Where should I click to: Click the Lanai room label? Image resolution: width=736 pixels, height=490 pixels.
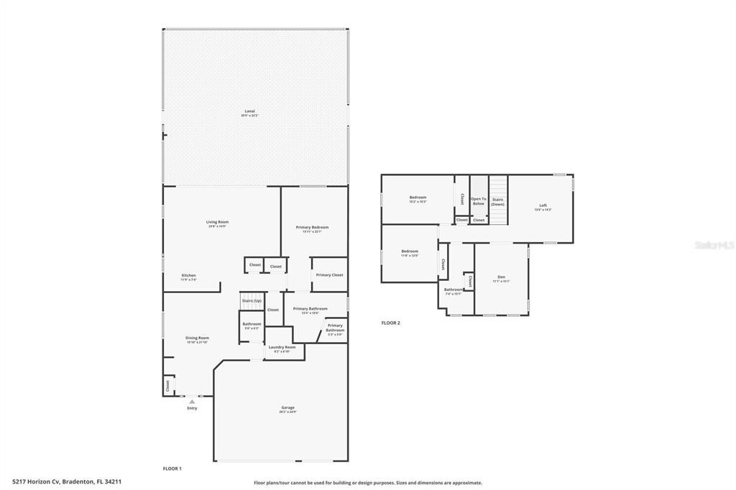tap(250, 112)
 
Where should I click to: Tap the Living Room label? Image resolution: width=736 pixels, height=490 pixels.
tap(218, 223)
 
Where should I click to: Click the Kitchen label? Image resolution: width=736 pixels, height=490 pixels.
tap(188, 276)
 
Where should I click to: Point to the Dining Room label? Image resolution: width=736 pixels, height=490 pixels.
tap(198, 338)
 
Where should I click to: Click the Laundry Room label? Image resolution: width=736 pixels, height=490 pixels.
tap(282, 348)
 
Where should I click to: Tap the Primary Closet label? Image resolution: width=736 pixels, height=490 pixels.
tap(329, 274)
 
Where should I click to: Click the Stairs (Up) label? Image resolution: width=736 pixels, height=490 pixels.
tap(252, 300)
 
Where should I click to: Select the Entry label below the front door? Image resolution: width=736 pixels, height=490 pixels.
tap(192, 408)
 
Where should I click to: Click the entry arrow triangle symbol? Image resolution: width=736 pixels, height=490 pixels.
tap(192, 402)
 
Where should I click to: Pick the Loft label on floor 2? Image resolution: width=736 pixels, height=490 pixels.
tap(543, 206)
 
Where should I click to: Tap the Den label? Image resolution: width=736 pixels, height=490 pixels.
tap(501, 277)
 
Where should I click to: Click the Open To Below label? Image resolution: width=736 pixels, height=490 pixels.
tap(479, 201)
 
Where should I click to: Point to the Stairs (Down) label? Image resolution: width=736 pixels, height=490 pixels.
tap(498, 201)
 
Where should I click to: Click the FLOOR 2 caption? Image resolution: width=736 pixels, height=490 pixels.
tap(391, 323)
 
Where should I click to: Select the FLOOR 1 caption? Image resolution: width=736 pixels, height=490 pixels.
tap(172, 468)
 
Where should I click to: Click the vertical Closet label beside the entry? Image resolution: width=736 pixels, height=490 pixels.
tap(168, 386)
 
